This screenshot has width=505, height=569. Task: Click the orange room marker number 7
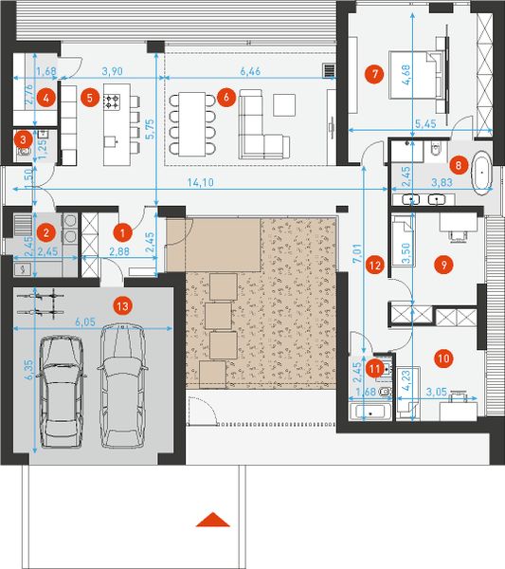tap(376, 73)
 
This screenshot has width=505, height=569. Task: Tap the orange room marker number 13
tap(121, 305)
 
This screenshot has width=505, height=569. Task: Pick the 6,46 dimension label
tap(251, 72)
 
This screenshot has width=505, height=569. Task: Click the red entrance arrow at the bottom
tap(216, 519)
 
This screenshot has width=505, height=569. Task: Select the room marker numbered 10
tap(443, 358)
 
